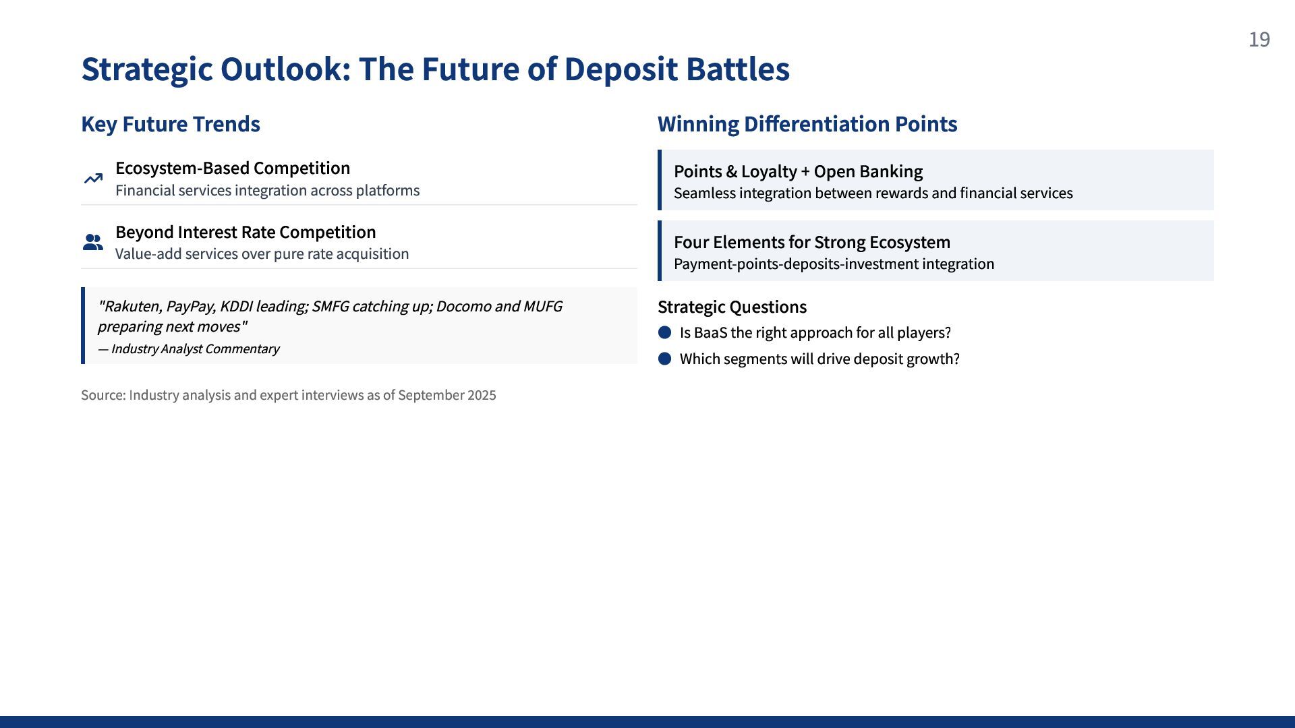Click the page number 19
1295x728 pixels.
1259,40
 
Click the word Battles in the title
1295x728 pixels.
738,69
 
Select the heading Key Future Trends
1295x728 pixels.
171,124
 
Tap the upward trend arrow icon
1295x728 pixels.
93,179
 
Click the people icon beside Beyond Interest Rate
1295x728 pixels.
93,242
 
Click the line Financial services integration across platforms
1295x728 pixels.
268,191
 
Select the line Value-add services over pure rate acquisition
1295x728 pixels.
262,254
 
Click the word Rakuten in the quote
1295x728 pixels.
131,307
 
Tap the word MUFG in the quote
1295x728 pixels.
542,307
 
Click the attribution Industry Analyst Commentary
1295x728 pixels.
195,349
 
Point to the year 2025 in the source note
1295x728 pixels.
482,395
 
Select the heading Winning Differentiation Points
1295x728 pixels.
807,124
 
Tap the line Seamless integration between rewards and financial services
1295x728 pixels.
873,193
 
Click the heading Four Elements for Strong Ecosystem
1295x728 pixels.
812,242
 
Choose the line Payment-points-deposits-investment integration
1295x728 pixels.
834,264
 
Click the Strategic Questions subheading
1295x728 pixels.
732,307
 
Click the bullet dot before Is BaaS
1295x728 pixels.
664,332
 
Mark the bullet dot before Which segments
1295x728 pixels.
664,359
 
